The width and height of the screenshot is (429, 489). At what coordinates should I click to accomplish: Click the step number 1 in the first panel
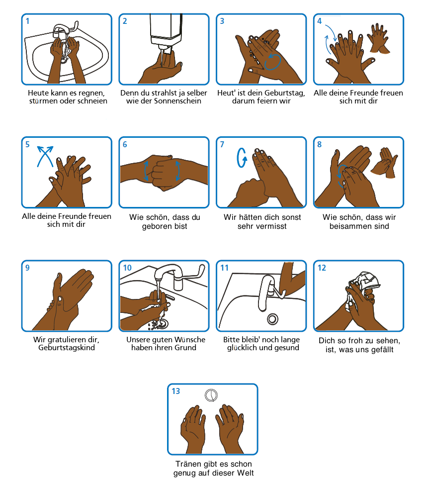click(27, 21)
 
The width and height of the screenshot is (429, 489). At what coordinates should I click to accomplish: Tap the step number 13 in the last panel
click(175, 391)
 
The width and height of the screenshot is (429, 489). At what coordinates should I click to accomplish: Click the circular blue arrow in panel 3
click(272, 62)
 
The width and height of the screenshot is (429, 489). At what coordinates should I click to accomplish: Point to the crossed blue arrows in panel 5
click(45, 156)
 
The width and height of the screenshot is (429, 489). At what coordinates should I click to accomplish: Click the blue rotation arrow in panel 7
click(242, 158)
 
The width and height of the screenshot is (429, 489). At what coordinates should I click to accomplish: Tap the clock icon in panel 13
click(211, 395)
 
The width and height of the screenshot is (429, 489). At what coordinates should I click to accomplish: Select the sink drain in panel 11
click(272, 319)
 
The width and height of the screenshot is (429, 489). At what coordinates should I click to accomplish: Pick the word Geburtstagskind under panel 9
click(67, 348)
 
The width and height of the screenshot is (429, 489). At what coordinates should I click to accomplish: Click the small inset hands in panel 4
click(378, 38)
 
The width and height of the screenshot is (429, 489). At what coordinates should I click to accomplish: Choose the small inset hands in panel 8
click(384, 162)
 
